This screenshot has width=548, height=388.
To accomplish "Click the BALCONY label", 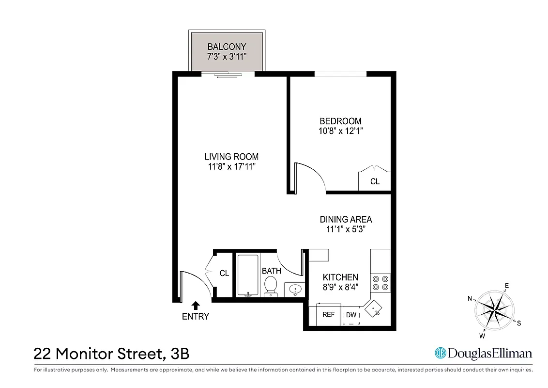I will tap(227, 47).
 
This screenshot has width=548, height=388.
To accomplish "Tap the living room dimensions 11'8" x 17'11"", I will tap(231, 167).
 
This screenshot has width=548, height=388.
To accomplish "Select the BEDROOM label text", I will tap(340, 121).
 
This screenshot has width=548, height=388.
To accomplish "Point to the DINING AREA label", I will tap(346, 219).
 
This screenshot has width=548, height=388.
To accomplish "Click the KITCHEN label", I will tap(340, 277).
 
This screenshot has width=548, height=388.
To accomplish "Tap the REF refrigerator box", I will tap(328, 315).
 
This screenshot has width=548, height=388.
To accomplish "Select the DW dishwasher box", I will tap(351, 315).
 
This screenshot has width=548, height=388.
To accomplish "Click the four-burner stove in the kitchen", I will tap(381, 283).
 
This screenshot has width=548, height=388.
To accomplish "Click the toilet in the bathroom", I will tap(271, 286).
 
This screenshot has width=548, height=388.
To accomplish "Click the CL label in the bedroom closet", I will tap(375, 182).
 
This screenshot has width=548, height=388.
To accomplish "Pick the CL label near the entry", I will tap(224, 274).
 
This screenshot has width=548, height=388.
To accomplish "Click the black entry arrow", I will tap(196, 305).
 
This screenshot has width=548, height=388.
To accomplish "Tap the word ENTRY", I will tap(196, 317).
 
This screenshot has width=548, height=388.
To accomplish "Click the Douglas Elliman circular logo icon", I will tap(440, 353).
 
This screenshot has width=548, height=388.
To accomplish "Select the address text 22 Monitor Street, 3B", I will tap(111, 354).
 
